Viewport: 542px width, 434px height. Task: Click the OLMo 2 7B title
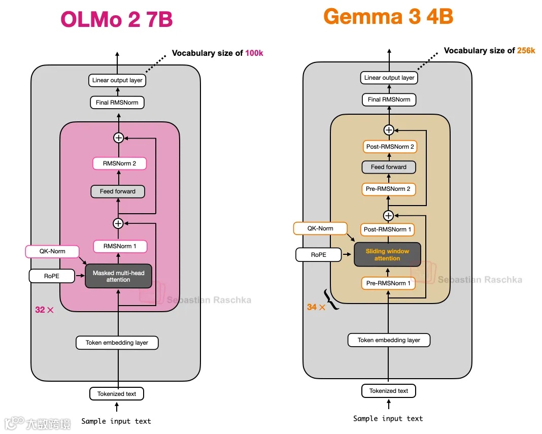pyautogui.click(x=117, y=19)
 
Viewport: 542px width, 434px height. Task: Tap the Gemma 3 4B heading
pyautogui.click(x=388, y=16)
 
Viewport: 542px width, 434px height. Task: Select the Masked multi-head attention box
pyautogui.click(x=118, y=276)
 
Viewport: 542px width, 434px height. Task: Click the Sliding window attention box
pyautogui.click(x=387, y=254)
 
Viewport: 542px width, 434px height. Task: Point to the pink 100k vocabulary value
pyautogui.click(x=254, y=53)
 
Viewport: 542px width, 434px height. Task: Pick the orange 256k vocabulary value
pyautogui.click(x=526, y=50)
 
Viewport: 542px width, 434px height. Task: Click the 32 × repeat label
pyautogui.click(x=44, y=310)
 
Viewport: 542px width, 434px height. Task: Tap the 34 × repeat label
pyautogui.click(x=316, y=307)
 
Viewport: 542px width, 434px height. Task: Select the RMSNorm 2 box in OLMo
pyautogui.click(x=120, y=163)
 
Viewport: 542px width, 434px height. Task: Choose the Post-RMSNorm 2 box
pyautogui.click(x=390, y=147)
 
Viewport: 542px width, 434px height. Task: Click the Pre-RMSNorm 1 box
pyautogui.click(x=388, y=283)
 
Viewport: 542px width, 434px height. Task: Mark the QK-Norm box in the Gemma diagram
pyautogui.click(x=320, y=228)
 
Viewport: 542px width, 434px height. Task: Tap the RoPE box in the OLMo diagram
pyautogui.click(x=52, y=276)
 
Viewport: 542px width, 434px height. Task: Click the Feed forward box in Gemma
pyautogui.click(x=389, y=167)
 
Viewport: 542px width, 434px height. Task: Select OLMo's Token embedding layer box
pyautogui.click(x=117, y=343)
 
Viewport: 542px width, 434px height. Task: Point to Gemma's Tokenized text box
pyautogui.click(x=389, y=391)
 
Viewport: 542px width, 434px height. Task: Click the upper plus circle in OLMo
pyautogui.click(x=119, y=138)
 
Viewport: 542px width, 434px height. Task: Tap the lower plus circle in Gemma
pyautogui.click(x=389, y=215)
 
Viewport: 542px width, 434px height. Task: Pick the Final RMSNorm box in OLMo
pyautogui.click(x=117, y=103)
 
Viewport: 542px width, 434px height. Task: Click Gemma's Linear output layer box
pyautogui.click(x=389, y=78)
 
